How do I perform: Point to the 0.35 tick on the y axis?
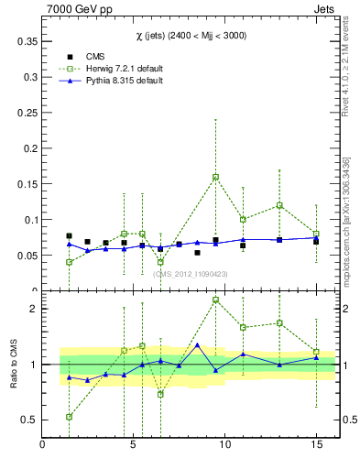coord(27,41)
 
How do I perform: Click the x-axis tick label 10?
coord(224,445)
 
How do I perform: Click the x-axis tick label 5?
coord(134,445)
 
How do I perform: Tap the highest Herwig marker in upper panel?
coord(215,177)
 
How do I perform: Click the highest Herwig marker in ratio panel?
coord(215,300)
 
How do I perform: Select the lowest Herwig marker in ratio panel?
coord(70,417)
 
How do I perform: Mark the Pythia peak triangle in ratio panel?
coord(197,345)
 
